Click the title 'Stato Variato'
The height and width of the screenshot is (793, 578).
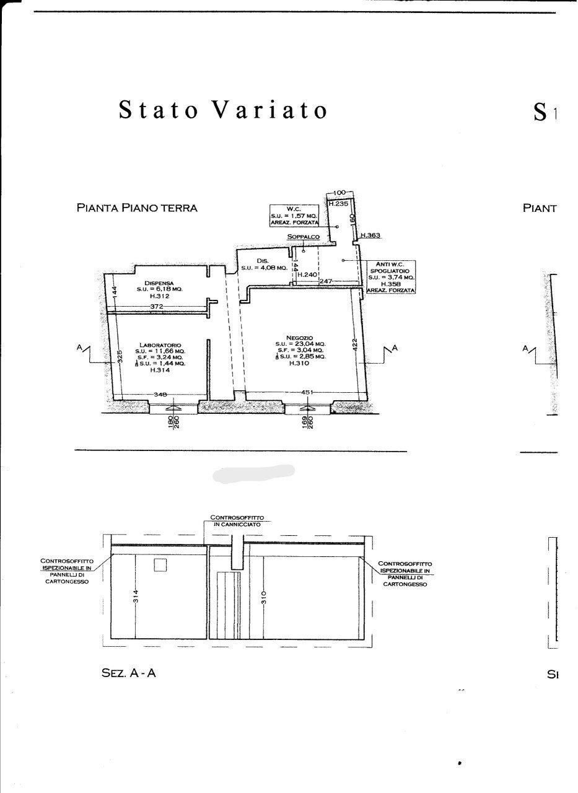tap(223, 110)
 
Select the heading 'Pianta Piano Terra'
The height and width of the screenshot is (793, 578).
tap(137, 208)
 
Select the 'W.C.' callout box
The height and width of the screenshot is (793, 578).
tap(294, 214)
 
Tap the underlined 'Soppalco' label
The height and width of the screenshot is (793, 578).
tap(303, 237)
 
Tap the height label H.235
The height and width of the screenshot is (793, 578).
tap(338, 203)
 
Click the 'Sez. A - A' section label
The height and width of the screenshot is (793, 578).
tap(128, 673)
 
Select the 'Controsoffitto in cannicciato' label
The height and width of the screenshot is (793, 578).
tap(235, 520)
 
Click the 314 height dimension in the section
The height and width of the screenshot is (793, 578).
tap(136, 596)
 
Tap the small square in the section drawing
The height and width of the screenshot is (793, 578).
tap(160, 564)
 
